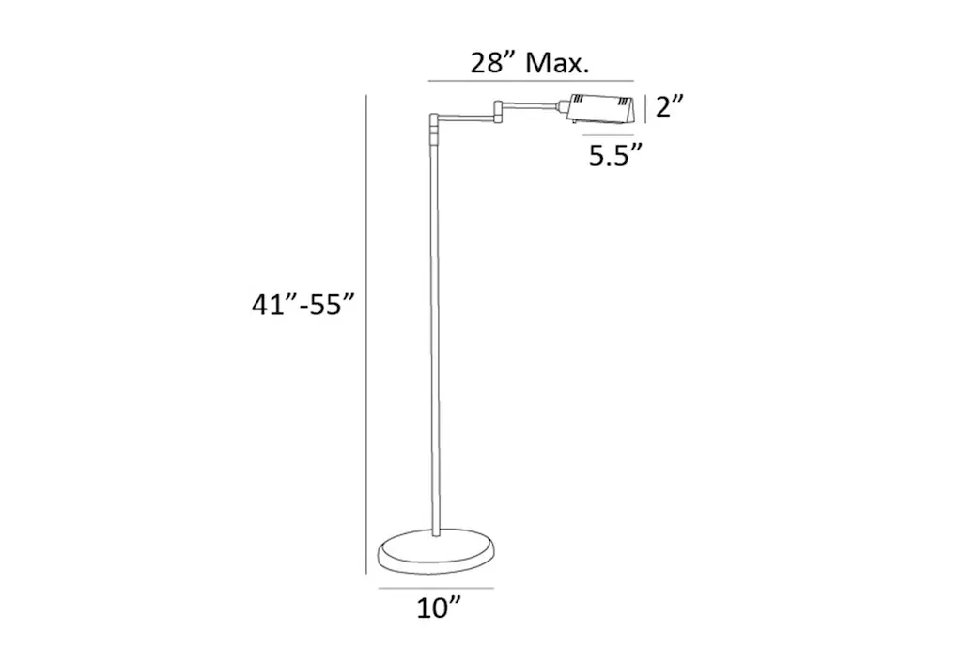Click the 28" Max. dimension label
[530, 63]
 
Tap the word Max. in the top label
[557, 63]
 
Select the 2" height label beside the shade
[669, 107]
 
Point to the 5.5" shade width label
[615, 155]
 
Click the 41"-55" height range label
[303, 304]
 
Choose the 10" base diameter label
[439, 609]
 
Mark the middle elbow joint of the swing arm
[498, 109]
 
